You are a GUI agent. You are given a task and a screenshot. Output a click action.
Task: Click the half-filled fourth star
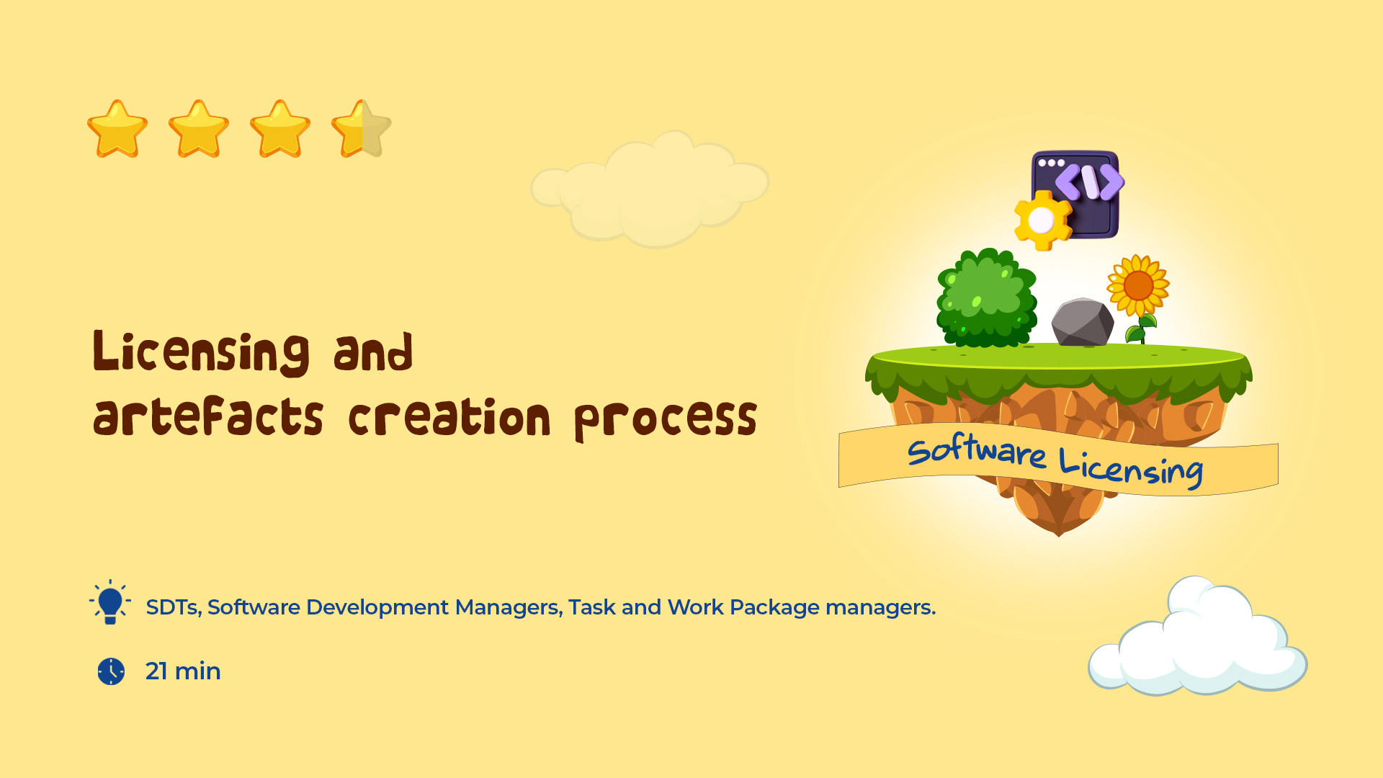(x=362, y=129)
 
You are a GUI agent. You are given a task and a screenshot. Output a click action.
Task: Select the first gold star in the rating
(x=117, y=129)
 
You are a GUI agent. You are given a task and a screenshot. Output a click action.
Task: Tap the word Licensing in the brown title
(x=202, y=353)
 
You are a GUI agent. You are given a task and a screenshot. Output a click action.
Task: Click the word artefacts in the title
(x=208, y=417)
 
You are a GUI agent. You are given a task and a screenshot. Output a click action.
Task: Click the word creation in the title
(x=449, y=417)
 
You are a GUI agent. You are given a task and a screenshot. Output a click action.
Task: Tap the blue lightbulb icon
(x=110, y=602)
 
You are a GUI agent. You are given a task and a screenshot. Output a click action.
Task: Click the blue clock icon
(x=111, y=671)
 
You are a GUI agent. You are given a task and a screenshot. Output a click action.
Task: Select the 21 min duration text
(x=183, y=671)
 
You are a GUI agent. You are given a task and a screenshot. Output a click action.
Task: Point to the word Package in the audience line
(x=774, y=608)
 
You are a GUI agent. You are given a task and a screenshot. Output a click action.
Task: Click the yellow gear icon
(x=1042, y=220)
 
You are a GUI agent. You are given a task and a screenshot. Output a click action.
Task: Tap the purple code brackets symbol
(x=1090, y=182)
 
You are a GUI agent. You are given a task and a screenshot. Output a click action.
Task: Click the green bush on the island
(x=986, y=298)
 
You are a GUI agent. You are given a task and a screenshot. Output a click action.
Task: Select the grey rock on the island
(x=1083, y=322)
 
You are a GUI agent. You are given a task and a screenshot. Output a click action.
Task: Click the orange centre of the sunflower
(x=1138, y=286)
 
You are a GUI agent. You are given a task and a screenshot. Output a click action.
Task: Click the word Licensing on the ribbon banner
(x=1131, y=468)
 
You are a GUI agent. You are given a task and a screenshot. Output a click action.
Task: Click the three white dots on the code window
(x=1051, y=163)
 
